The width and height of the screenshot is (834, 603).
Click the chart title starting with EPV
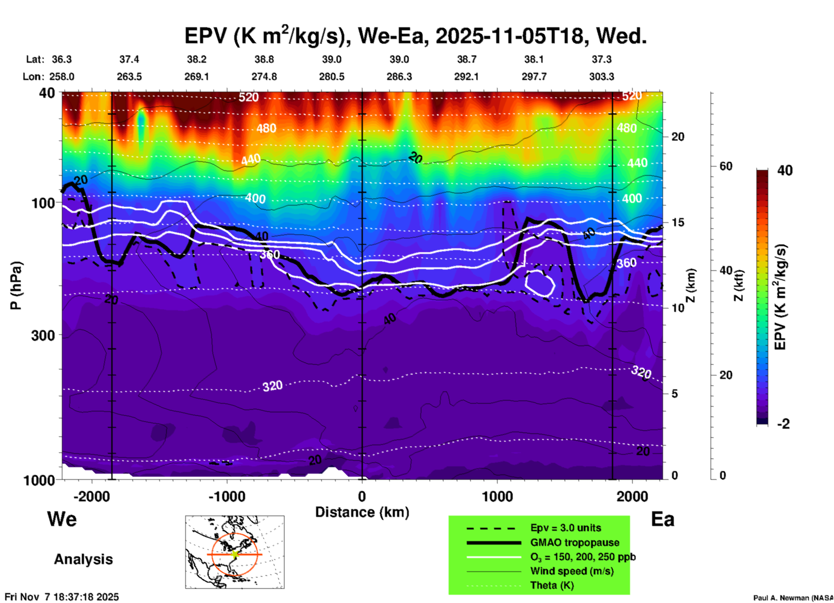(x=416, y=36)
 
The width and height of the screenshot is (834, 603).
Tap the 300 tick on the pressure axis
(x=43, y=335)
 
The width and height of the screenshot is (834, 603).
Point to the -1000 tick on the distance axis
(x=227, y=497)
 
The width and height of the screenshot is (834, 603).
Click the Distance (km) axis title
(x=362, y=512)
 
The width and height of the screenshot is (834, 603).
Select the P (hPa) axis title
(x=16, y=285)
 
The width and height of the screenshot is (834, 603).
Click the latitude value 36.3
(x=61, y=59)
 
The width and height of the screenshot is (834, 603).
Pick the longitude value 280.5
(x=332, y=77)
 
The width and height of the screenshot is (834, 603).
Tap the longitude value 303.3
(x=601, y=77)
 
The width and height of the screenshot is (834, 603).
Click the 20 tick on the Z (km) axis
(x=678, y=137)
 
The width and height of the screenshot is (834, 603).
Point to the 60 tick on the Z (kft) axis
(x=725, y=166)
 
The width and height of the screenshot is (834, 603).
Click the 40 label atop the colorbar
(x=785, y=170)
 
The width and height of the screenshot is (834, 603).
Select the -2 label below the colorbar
(x=783, y=424)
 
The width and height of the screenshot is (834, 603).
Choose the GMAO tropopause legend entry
(x=575, y=542)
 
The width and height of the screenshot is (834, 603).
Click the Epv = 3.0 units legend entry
(x=566, y=528)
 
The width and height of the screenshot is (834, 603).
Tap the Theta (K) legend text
(x=552, y=586)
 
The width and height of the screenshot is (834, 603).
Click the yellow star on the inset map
(x=235, y=554)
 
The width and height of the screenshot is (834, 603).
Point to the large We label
(x=62, y=519)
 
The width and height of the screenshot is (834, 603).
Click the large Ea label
(x=663, y=519)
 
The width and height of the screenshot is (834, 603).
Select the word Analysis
(x=83, y=559)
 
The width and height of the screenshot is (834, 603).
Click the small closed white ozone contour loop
(x=540, y=283)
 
